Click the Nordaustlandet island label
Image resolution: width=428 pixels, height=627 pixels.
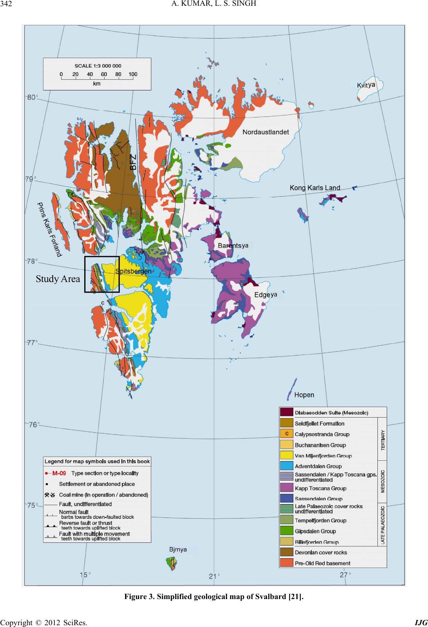265,132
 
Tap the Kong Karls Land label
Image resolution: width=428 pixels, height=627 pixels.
314,188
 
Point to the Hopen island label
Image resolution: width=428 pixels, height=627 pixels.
304,395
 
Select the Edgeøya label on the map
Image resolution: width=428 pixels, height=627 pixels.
266,294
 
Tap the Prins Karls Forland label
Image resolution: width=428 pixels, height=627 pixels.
48,229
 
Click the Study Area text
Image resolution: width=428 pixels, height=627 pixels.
58,279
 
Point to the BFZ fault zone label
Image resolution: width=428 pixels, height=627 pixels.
133,160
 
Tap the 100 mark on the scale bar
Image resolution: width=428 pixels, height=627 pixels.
133,74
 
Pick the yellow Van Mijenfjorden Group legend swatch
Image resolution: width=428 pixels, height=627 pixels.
286,455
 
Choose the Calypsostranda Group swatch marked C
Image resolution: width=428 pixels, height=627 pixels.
286,434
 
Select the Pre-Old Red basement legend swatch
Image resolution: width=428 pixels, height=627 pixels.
286,563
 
